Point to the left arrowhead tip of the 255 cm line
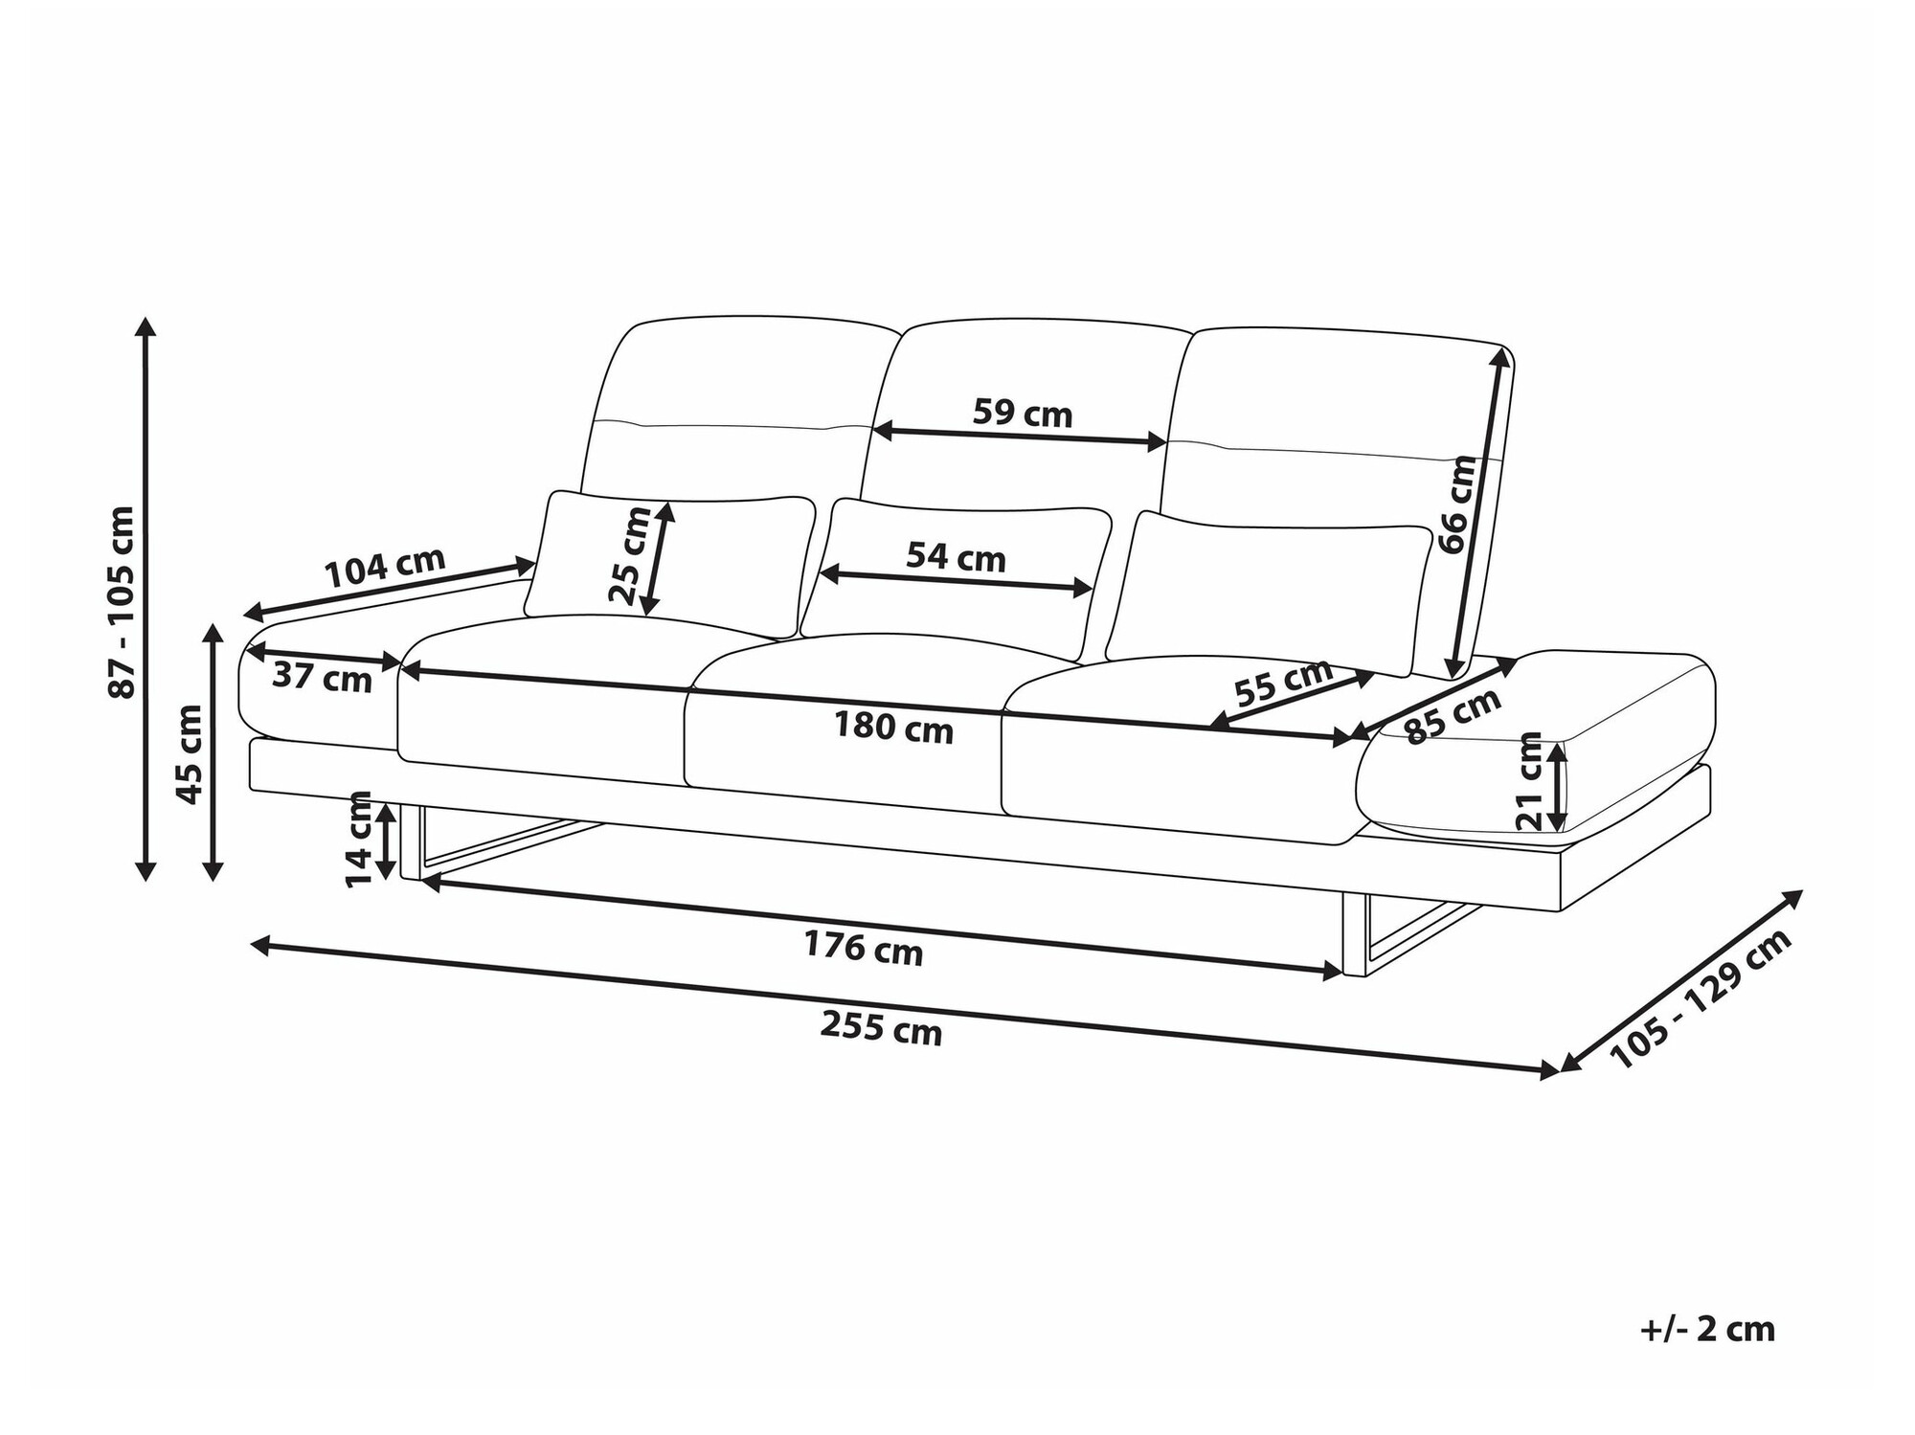[250, 944]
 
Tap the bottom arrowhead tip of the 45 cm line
[214, 880]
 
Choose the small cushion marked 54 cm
[956, 579]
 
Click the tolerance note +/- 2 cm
[1707, 1330]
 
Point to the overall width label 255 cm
[881, 1030]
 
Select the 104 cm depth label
[385, 568]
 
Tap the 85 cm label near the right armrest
[1452, 716]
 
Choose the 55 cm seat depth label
[1283, 682]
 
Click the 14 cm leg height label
[359, 839]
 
